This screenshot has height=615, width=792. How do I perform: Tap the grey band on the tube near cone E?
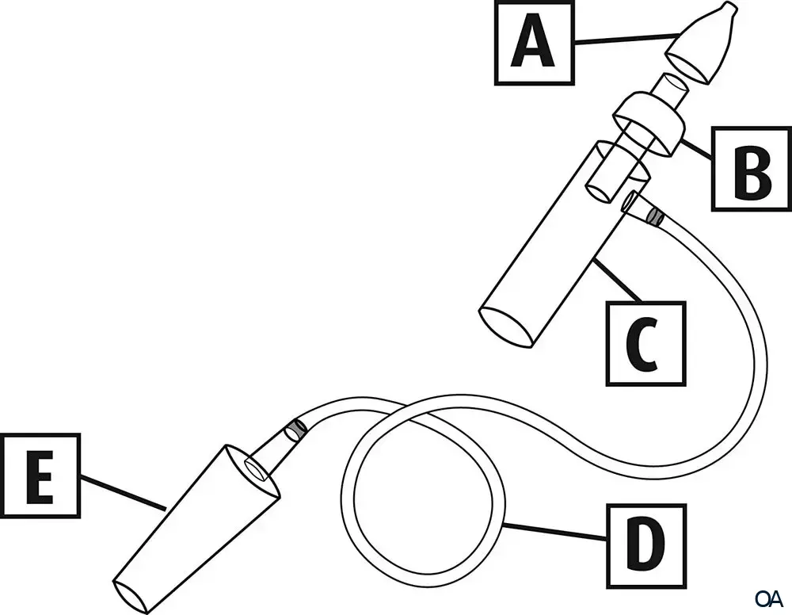point(296,430)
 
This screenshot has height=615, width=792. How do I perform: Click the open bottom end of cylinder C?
point(507,327)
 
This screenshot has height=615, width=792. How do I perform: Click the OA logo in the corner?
point(768,597)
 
